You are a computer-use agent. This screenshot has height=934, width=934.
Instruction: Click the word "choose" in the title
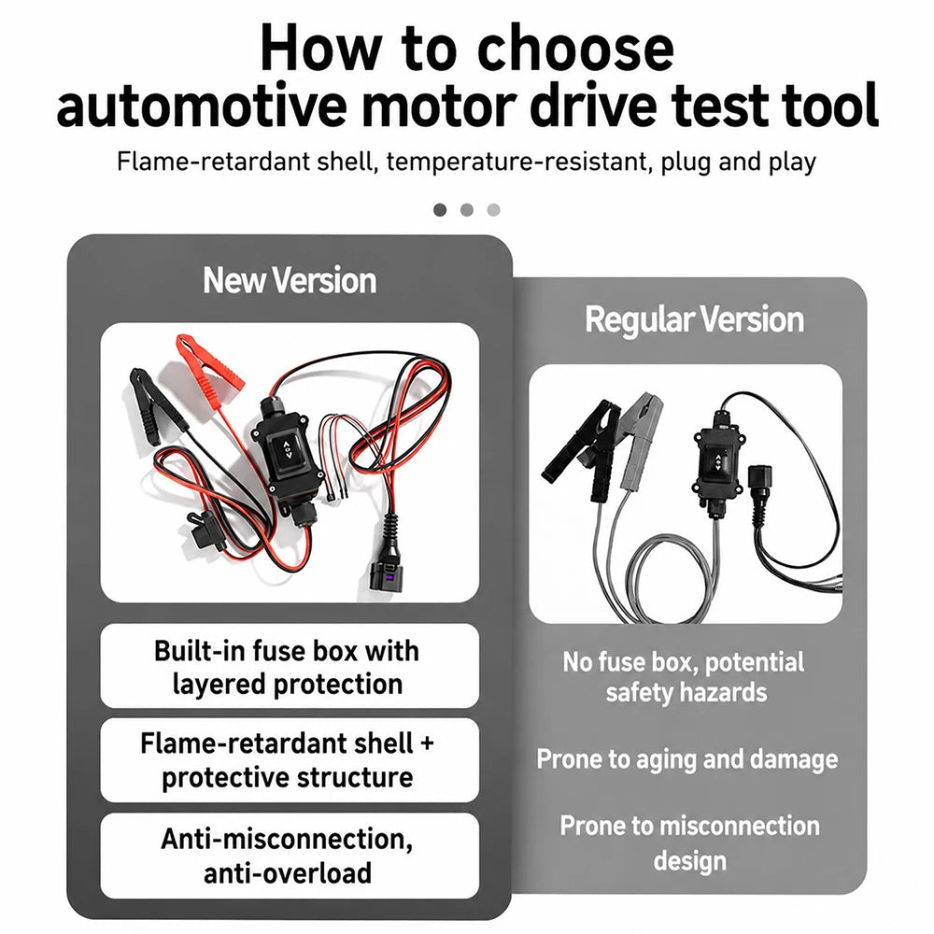pyautogui.click(x=575, y=49)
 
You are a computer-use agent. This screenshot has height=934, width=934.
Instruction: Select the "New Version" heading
pyautogui.click(x=290, y=280)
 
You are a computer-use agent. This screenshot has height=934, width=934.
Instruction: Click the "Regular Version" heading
pyautogui.click(x=694, y=319)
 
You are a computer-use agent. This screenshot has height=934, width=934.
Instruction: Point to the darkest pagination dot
pyautogui.click(x=440, y=209)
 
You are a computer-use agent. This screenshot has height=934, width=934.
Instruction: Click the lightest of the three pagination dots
pyautogui.click(x=493, y=209)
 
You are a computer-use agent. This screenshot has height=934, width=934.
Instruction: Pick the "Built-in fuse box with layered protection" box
pyautogui.click(x=290, y=666)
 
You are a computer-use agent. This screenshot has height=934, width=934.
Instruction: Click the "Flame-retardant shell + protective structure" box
pyautogui.click(x=290, y=760)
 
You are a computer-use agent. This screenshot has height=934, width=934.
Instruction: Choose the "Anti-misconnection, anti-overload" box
pyautogui.click(x=290, y=856)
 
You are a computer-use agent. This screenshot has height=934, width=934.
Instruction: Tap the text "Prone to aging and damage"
pyautogui.click(x=686, y=759)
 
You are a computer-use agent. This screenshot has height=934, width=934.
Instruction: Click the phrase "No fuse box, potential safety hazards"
pyautogui.click(x=685, y=677)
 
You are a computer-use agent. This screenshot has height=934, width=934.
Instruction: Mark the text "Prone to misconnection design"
pyautogui.click(x=689, y=842)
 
